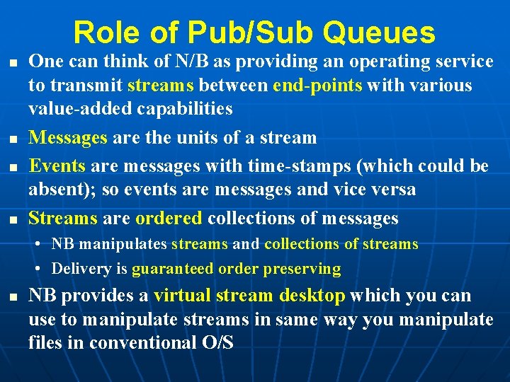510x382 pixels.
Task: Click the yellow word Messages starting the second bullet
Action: click(67, 137)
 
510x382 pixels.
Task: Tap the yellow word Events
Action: click(57, 166)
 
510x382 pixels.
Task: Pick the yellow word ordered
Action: click(169, 219)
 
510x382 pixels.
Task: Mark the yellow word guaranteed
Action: click(171, 269)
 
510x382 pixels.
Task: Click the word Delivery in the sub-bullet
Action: click(80, 269)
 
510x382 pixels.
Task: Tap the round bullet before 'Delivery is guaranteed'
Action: click(42, 270)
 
